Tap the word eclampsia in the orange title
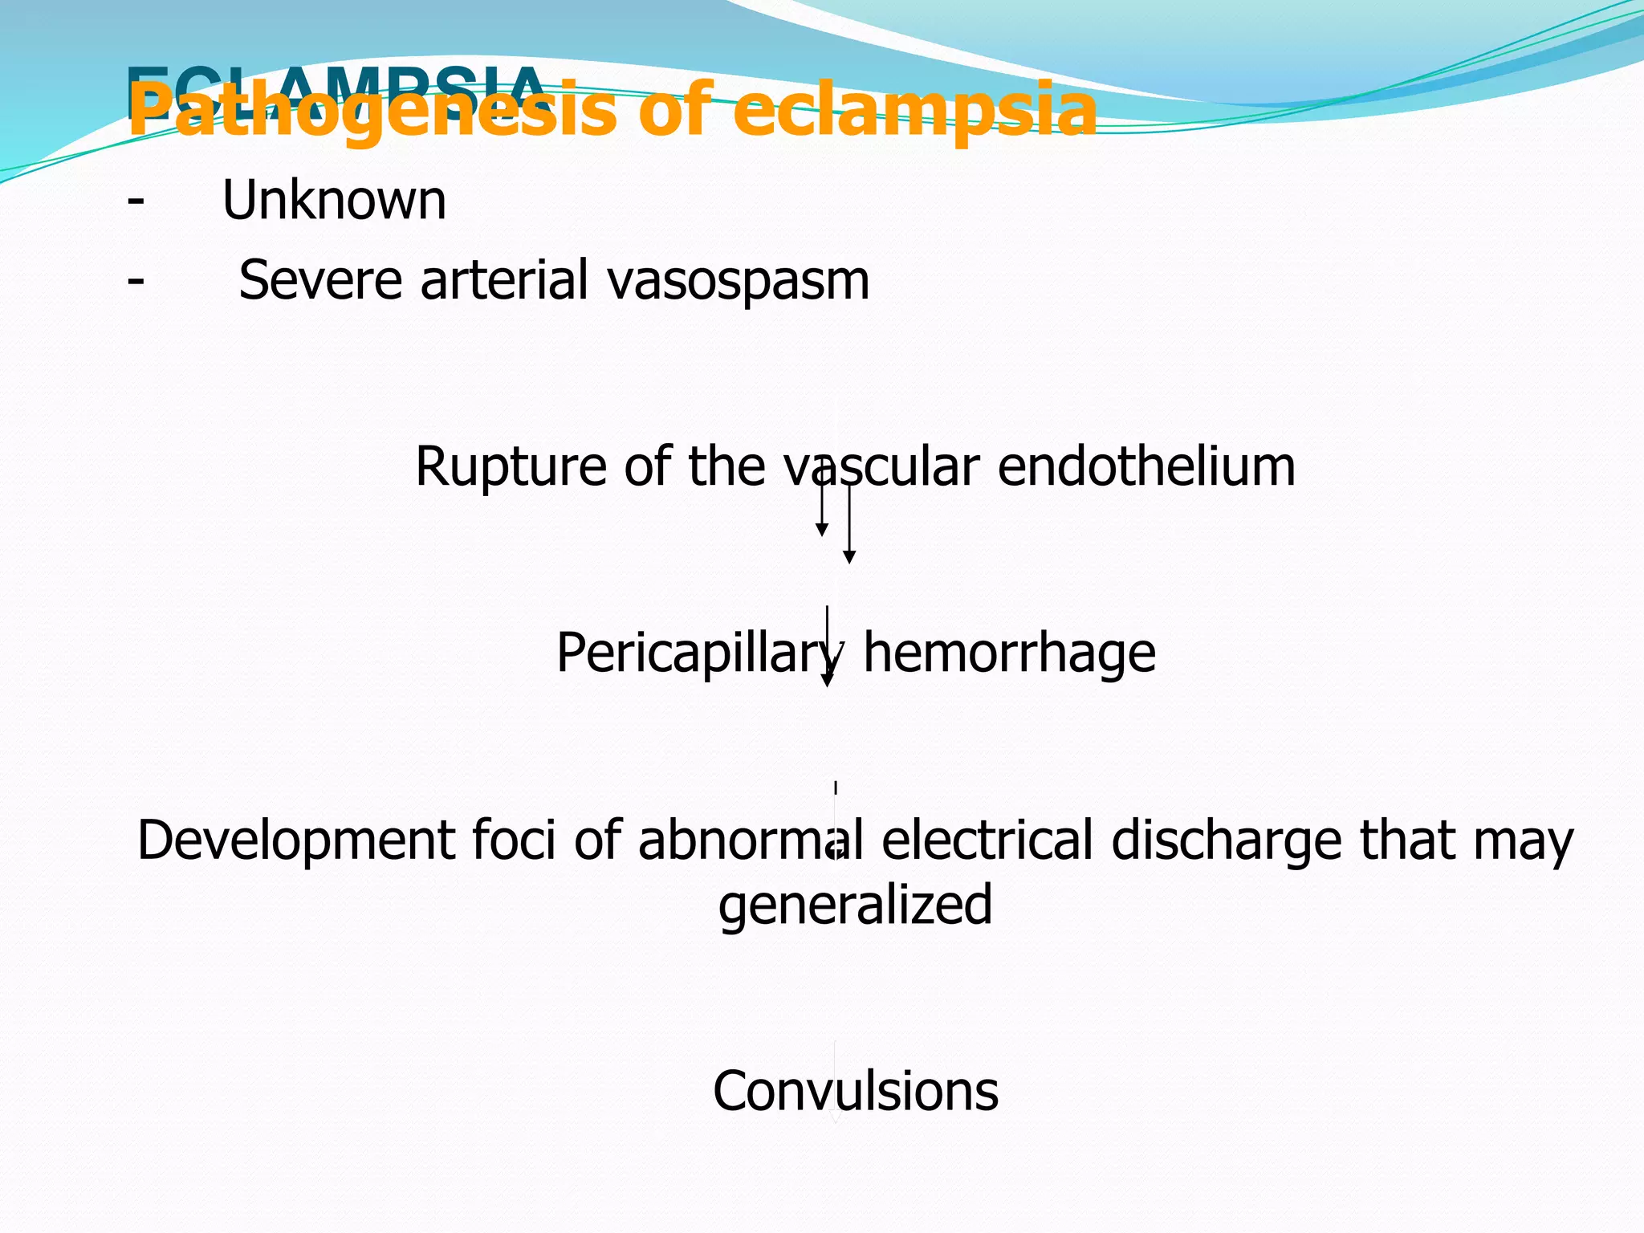pyautogui.click(x=914, y=111)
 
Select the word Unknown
pyautogui.click(x=334, y=200)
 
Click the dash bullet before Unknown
pyautogui.click(x=136, y=200)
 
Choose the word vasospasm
pyautogui.click(x=738, y=280)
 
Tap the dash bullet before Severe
pyautogui.click(x=136, y=280)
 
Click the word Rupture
pyautogui.click(x=511, y=466)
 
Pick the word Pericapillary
pyautogui.click(x=698, y=653)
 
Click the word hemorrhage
pyautogui.click(x=1009, y=653)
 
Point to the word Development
pyautogui.click(x=295, y=840)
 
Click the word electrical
pyautogui.click(x=987, y=840)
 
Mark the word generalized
pyautogui.click(x=855, y=905)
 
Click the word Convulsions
pyautogui.click(x=855, y=1091)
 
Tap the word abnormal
pyautogui.click(x=751, y=840)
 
